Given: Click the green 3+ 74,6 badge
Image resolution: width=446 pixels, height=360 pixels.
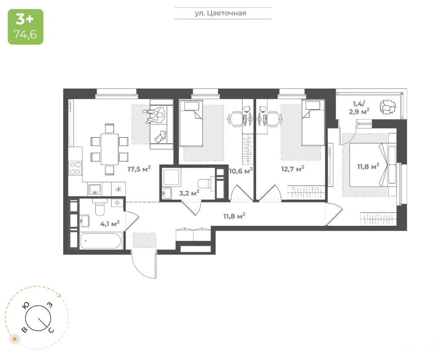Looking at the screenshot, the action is coord(26,27).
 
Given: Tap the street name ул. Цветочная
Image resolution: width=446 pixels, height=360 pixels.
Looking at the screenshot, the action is coord(220,13).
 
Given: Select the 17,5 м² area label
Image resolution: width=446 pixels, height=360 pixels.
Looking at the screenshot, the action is coord(139,169).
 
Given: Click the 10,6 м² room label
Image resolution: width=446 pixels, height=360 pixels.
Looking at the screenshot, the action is coord(240,171).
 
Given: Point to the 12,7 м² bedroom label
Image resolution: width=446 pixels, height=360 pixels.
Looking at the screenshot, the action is coord(293,169).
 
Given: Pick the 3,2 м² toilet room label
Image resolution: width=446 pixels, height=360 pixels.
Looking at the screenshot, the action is coord(189,193).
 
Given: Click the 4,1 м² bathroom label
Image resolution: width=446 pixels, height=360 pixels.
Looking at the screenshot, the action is coord(110,224).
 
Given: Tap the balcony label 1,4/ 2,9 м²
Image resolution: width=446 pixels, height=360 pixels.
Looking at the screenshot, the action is coord(359,108).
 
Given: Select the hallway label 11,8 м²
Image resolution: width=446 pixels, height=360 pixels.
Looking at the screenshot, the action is coord(234,216).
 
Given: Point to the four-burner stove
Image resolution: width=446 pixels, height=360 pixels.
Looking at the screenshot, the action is coord(75,168).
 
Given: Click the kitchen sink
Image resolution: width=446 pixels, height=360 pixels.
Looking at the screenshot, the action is coord(95,188).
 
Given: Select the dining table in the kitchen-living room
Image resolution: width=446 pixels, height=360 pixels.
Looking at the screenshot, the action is coord(109,149).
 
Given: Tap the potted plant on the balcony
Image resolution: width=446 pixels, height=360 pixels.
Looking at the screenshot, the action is coord(387,107).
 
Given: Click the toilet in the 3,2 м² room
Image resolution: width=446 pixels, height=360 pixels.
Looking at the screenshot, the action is coord(205,183).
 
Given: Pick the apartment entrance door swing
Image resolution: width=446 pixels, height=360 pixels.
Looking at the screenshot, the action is coord(144,264).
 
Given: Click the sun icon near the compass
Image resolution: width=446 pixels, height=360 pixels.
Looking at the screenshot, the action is coord(15,339).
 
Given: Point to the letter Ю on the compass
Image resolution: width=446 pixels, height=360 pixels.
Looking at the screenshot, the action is coord(26,306).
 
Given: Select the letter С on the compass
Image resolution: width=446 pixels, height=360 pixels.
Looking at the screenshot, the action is coord(51,330).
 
